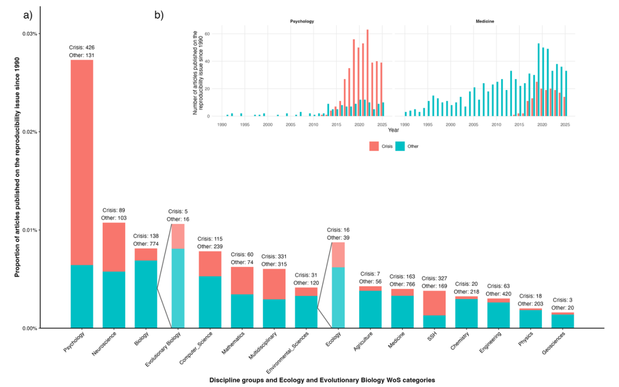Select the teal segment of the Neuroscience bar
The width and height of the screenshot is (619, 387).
coord(113,299)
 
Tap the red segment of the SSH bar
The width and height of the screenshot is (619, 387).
coord(434,303)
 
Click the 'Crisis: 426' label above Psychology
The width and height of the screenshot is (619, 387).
coord(82,48)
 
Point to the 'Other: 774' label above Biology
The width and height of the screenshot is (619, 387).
coord(145,244)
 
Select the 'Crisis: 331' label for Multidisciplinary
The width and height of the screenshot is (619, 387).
coord(274,257)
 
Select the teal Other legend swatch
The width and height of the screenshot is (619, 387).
coord(400,146)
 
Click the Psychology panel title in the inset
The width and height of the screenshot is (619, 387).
coord(302,22)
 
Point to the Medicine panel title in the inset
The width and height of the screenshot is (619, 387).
coord(485,22)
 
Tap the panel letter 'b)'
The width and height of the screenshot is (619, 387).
coord(159,15)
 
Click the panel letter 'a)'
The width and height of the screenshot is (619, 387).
coord(28,15)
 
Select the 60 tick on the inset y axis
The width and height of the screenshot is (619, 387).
coord(207,34)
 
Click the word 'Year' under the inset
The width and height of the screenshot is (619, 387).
coord(393,130)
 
